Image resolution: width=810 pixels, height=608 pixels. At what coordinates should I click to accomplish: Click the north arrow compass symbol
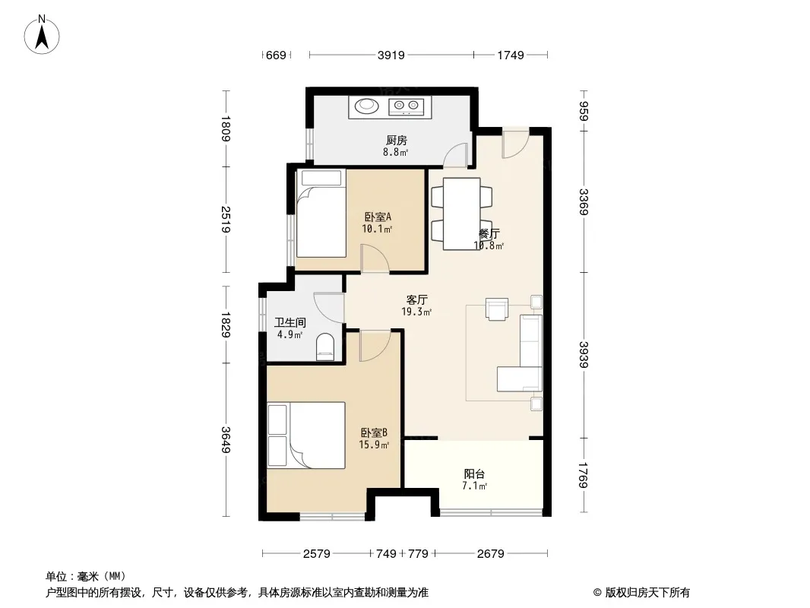[42, 35]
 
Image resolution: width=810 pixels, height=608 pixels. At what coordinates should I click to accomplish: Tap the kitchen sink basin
[366, 106]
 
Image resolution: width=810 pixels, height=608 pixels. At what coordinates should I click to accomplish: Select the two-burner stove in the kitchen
[406, 106]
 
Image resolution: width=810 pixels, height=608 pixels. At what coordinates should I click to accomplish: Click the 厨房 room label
[396, 140]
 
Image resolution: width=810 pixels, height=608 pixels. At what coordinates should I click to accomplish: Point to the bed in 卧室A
[321, 214]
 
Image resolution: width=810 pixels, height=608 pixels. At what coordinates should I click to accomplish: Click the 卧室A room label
[378, 217]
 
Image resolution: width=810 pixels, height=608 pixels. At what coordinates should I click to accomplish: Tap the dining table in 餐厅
[462, 214]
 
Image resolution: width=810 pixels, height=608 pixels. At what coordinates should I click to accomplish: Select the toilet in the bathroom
[325, 347]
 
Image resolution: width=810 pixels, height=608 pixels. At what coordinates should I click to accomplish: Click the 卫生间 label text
[290, 322]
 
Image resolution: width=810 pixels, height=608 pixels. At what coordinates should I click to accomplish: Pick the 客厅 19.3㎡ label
[416, 306]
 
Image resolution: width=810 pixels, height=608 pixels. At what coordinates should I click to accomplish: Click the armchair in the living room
[497, 309]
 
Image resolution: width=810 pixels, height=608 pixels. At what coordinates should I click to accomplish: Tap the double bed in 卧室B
[306, 435]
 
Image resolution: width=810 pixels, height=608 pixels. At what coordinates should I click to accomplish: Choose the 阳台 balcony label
[474, 473]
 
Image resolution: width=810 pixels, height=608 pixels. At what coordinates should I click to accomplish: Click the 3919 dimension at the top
[391, 55]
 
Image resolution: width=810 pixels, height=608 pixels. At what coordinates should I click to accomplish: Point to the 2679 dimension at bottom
[490, 554]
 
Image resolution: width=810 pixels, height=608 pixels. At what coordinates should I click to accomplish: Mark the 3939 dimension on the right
[584, 355]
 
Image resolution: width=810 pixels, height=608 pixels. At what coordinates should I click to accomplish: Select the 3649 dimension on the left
[226, 439]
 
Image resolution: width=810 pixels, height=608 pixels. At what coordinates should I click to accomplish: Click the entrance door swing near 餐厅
[515, 143]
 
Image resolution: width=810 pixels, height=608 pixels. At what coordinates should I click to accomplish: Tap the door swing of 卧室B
[375, 346]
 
